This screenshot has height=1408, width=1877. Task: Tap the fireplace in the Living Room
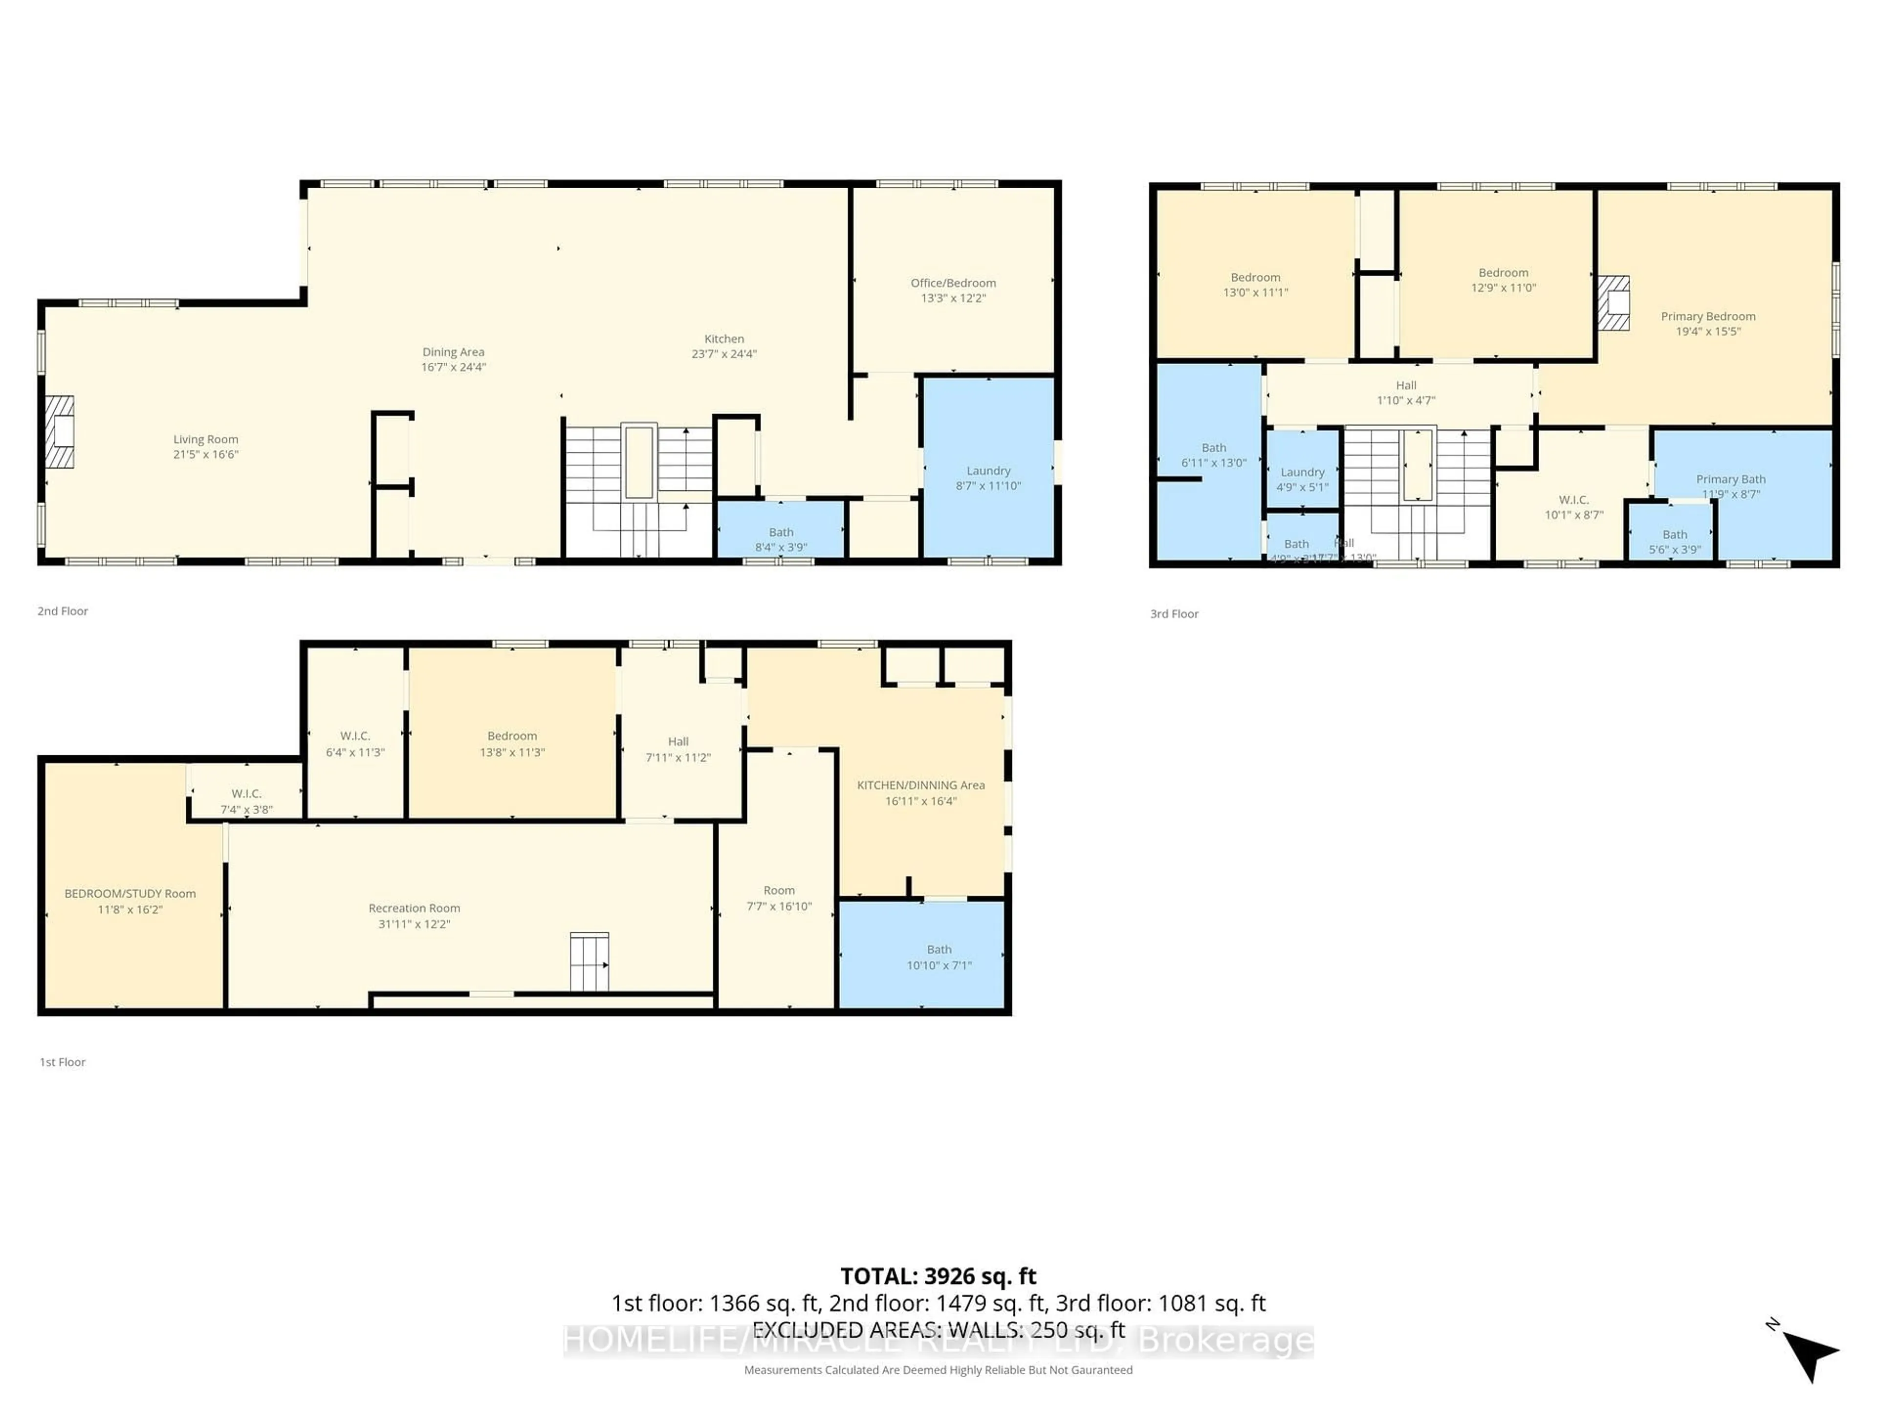(x=60, y=432)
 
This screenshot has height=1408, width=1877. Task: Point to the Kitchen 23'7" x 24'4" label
(x=724, y=346)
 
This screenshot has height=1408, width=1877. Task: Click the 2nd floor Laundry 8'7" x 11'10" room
(x=988, y=478)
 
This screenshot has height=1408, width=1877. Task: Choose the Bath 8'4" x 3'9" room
(x=781, y=539)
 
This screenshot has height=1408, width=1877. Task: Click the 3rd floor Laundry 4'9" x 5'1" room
(x=1302, y=479)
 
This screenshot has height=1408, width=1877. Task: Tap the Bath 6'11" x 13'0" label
(x=1213, y=455)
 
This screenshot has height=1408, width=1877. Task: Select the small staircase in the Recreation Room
(x=589, y=962)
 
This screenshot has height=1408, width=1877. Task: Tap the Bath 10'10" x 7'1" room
(x=938, y=956)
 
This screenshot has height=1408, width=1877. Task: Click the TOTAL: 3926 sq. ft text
(x=938, y=1276)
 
